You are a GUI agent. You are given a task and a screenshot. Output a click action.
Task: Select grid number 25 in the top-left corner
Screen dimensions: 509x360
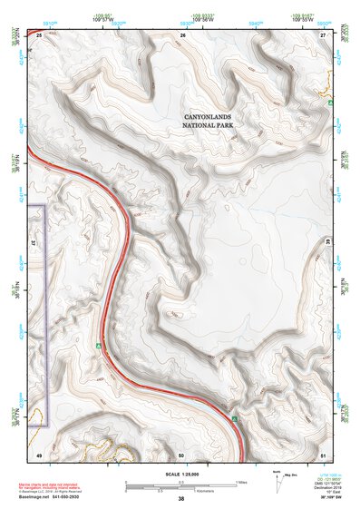(39, 34)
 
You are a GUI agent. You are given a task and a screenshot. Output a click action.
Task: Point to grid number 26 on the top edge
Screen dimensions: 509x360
(182, 34)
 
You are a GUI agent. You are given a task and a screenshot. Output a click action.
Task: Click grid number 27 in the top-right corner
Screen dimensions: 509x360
(323, 34)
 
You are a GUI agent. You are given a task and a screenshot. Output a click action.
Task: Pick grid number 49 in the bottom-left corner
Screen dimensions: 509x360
(39, 453)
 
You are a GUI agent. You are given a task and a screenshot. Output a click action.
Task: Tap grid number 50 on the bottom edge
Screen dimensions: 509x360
(181, 453)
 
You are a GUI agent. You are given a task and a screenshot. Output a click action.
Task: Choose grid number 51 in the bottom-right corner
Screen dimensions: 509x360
(323, 453)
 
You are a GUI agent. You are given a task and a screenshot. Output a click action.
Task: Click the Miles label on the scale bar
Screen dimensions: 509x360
(240, 481)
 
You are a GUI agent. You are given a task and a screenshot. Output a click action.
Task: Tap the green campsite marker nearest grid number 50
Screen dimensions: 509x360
(234, 418)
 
